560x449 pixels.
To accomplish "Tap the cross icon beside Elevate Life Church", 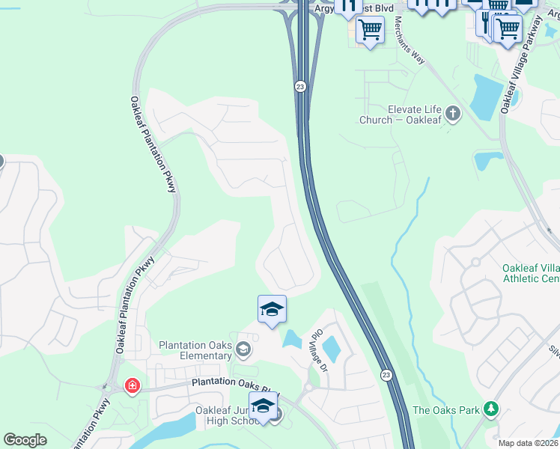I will pos(452,114).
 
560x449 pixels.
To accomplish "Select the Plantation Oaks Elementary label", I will pos(195,350).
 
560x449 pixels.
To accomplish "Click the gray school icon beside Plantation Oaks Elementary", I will pos(243,349).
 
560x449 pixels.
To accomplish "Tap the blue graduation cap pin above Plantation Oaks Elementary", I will pos(273,309).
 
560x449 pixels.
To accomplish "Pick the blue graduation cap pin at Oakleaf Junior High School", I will pos(263,406).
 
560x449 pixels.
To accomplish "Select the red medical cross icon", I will pos(133,386).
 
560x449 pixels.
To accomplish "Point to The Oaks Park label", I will pos(445,410).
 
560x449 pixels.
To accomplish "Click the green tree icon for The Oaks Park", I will pos(491,409).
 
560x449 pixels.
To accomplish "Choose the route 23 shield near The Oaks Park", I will pos(386,374).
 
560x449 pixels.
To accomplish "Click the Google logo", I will pos(25,441).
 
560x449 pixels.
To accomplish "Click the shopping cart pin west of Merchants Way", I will pos(370,31).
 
